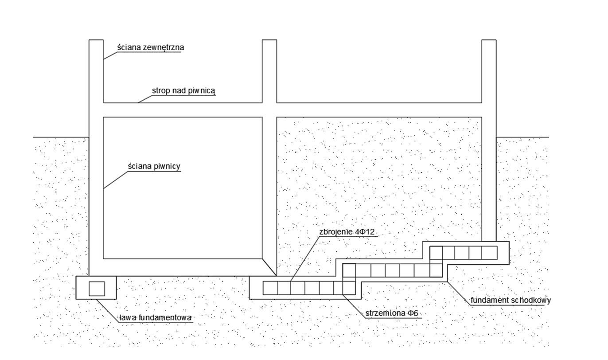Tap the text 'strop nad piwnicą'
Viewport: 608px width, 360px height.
click(x=183, y=90)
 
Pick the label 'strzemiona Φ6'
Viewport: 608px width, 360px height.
click(x=392, y=313)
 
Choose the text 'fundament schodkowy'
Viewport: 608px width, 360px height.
click(x=510, y=300)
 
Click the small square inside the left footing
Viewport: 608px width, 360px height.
click(x=97, y=289)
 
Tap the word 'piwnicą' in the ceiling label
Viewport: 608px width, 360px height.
click(x=202, y=91)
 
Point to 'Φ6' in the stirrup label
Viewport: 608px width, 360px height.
click(x=413, y=313)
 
